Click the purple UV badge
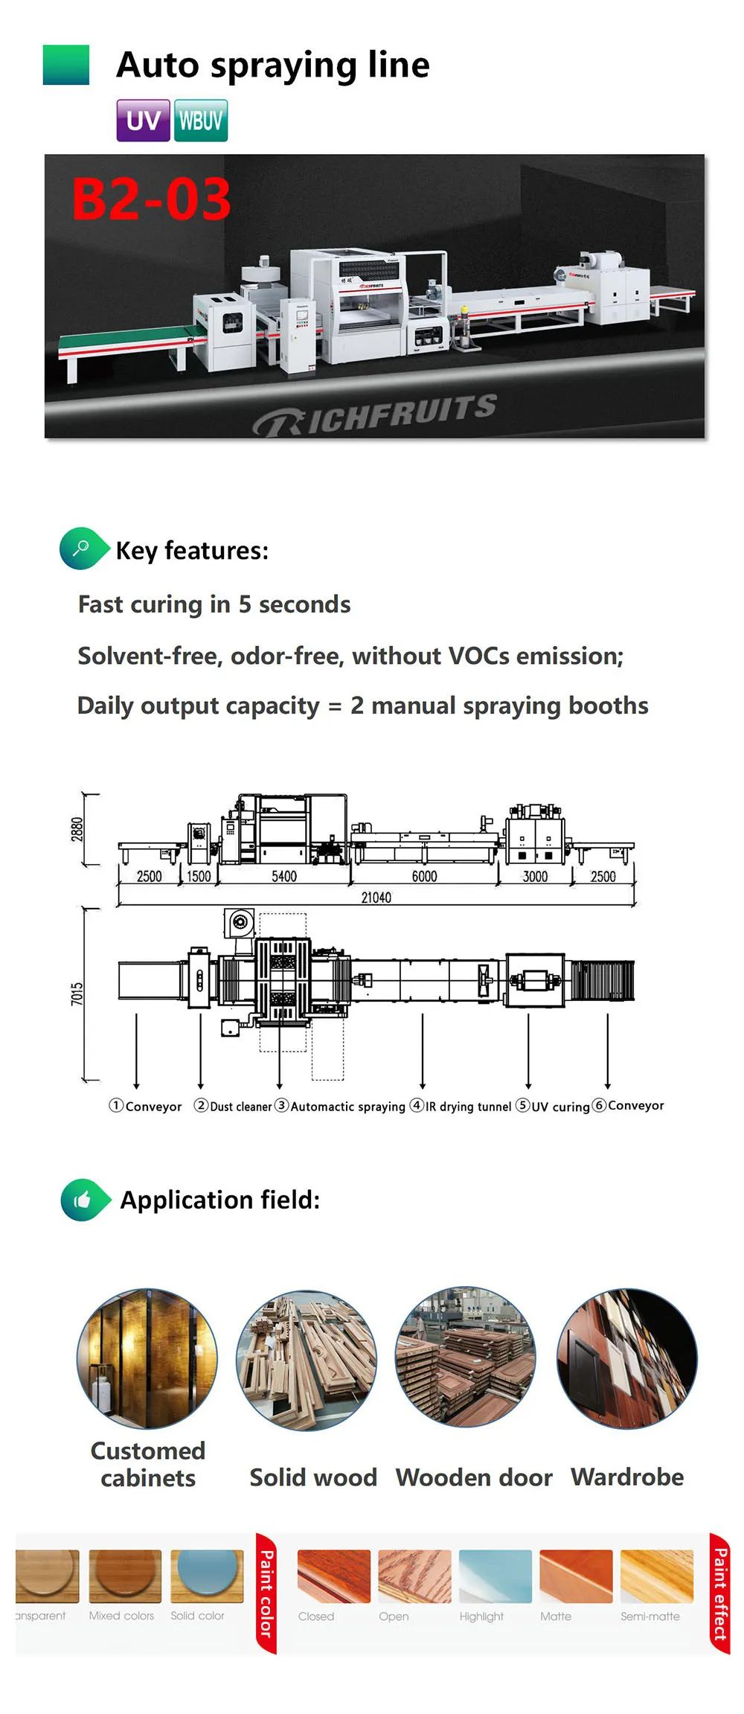pyautogui.click(x=143, y=121)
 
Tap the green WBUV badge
pyautogui.click(x=201, y=121)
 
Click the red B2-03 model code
pyautogui.click(x=151, y=199)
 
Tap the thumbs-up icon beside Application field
pyautogui.click(x=83, y=1199)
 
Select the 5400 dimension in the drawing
pyautogui.click(x=283, y=876)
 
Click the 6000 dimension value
pyautogui.click(x=424, y=876)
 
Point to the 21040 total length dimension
pyautogui.click(x=376, y=898)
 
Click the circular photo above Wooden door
pyautogui.click(x=466, y=1358)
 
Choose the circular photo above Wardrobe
pyautogui.click(x=626, y=1358)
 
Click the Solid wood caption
pyautogui.click(x=313, y=1477)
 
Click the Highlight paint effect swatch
pyautogui.click(x=495, y=1576)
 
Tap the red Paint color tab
pyautogui.click(x=266, y=1593)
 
